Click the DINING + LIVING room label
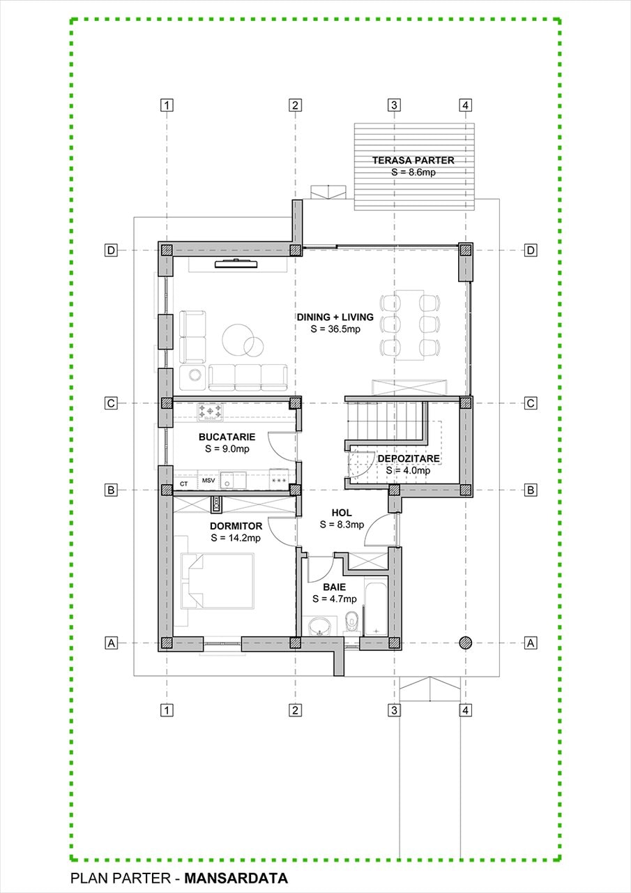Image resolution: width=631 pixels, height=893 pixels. click(x=335, y=317)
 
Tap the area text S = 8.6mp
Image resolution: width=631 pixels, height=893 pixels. click(x=413, y=172)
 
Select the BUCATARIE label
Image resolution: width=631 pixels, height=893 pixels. click(x=227, y=437)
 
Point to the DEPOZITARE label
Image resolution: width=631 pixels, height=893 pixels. click(x=409, y=458)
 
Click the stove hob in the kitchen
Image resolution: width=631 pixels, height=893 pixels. click(x=211, y=412)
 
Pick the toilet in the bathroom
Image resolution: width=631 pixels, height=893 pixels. click(x=351, y=621)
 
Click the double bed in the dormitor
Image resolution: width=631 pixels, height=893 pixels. click(x=218, y=580)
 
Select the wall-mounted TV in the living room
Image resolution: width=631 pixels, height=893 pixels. click(x=236, y=263)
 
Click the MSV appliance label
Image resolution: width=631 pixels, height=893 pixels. click(x=208, y=481)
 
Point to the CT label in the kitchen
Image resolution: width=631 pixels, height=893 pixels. click(x=183, y=484)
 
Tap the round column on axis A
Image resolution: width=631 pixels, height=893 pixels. click(x=465, y=643)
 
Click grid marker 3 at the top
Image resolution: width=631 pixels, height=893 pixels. click(x=394, y=105)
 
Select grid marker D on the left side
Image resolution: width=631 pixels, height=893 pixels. click(x=111, y=250)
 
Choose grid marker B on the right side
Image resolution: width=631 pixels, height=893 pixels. click(x=530, y=490)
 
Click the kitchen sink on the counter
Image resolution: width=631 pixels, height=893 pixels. click(x=233, y=480)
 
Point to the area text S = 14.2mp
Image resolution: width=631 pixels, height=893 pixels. click(x=236, y=538)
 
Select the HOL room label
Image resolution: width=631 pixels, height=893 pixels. click(x=342, y=513)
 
